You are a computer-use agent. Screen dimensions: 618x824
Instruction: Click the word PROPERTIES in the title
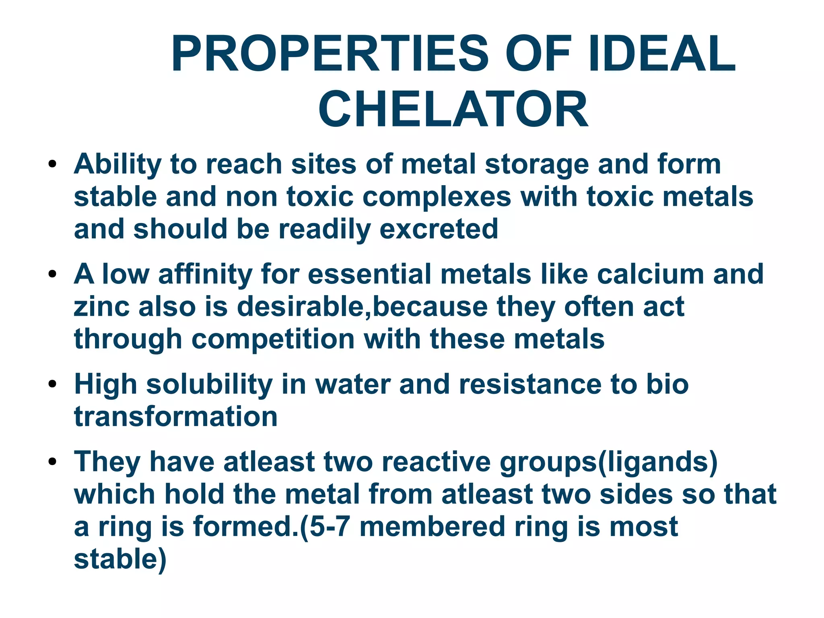(330, 54)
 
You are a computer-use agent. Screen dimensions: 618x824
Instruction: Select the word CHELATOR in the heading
(453, 109)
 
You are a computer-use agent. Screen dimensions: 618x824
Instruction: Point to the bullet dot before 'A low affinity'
(52, 275)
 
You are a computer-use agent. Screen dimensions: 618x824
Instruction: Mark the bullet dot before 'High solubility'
(52, 385)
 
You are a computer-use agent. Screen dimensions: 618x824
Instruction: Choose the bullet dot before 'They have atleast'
(52, 462)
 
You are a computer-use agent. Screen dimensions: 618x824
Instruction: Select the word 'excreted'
(439, 229)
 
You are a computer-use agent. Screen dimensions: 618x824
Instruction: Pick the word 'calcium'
(650, 274)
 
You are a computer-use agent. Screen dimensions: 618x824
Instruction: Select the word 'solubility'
(209, 384)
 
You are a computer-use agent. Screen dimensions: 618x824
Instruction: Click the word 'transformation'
(176, 416)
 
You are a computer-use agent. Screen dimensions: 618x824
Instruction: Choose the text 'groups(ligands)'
(608, 462)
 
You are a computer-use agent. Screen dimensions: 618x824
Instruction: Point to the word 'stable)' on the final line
(120, 559)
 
